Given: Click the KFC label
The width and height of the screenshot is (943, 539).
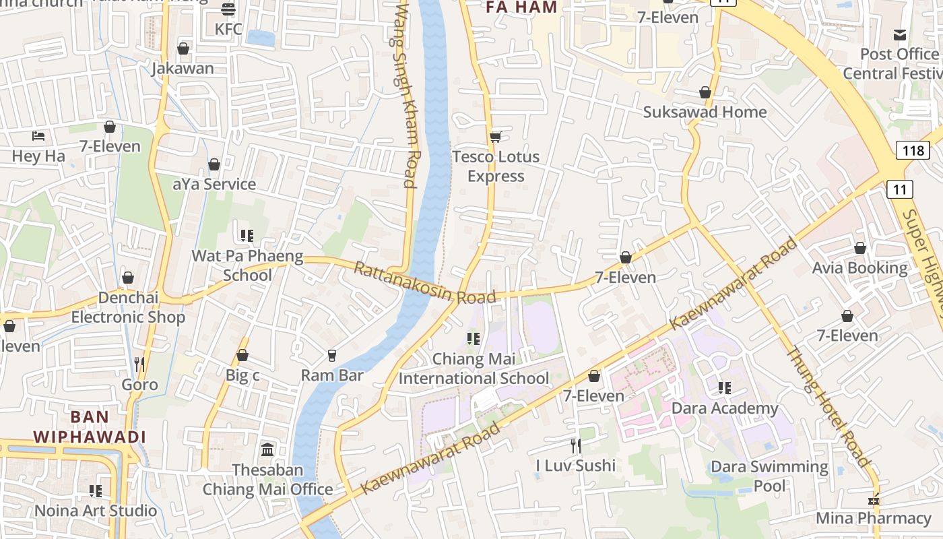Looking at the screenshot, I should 228,30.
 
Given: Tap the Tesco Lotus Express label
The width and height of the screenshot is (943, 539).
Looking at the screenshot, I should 496,166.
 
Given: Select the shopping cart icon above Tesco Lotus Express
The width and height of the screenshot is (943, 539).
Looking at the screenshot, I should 495,137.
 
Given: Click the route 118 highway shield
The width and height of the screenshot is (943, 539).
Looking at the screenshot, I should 913,150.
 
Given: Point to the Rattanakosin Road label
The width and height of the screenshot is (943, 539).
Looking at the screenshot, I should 424,284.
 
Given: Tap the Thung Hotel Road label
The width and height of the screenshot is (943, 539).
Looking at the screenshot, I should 830,407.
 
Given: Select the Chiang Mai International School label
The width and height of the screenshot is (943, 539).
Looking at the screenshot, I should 474,369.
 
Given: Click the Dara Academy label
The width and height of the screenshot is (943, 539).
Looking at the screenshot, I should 725,408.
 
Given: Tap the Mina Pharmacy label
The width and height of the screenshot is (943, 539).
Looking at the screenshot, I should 874,518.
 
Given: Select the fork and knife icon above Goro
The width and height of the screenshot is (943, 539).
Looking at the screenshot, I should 139,364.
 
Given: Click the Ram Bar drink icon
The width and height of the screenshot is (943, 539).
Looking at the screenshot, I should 331,355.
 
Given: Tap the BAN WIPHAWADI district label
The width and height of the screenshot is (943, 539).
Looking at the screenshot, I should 90,426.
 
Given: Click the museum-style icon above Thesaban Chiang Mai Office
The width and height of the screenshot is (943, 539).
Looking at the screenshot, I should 267,449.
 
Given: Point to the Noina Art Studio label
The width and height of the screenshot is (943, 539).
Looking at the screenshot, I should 96,511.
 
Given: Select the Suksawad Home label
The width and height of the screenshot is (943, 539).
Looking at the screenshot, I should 705,112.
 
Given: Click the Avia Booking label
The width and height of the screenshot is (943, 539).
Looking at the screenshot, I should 859,268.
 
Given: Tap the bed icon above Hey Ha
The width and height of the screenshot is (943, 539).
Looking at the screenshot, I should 38,136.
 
